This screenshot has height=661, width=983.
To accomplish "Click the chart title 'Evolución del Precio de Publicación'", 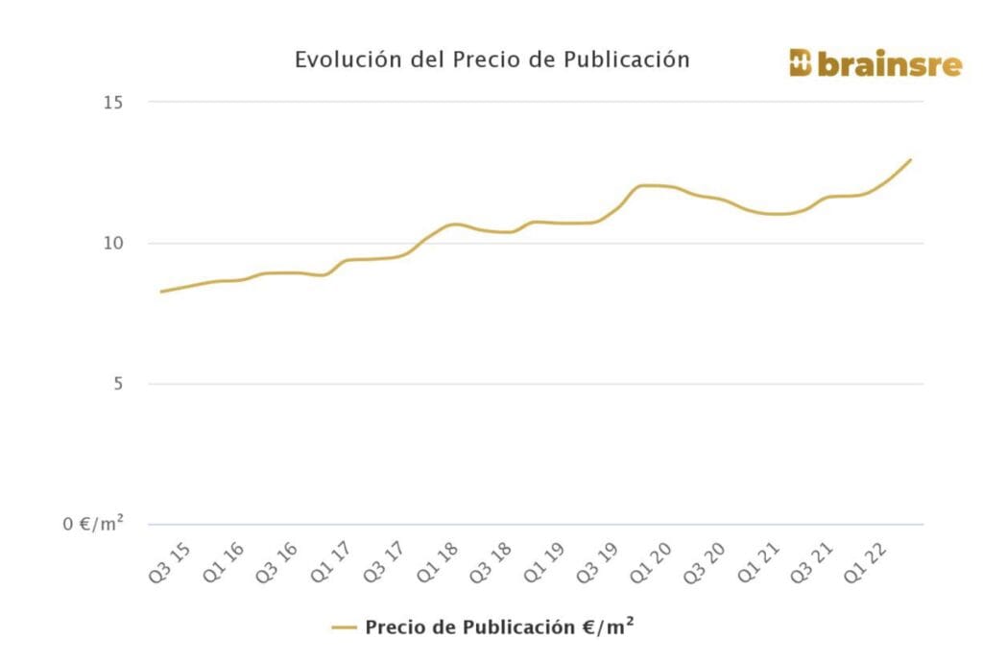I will point(491,59).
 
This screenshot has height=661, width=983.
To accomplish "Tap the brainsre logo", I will point(875,63).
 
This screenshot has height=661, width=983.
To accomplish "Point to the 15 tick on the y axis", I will point(113,103).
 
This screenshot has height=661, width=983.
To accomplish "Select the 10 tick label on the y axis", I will point(113,244).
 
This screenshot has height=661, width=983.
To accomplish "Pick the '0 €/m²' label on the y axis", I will point(93,524).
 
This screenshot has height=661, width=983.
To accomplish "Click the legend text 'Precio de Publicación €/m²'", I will point(499,627).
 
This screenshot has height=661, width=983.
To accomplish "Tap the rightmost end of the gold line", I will point(910,160).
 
